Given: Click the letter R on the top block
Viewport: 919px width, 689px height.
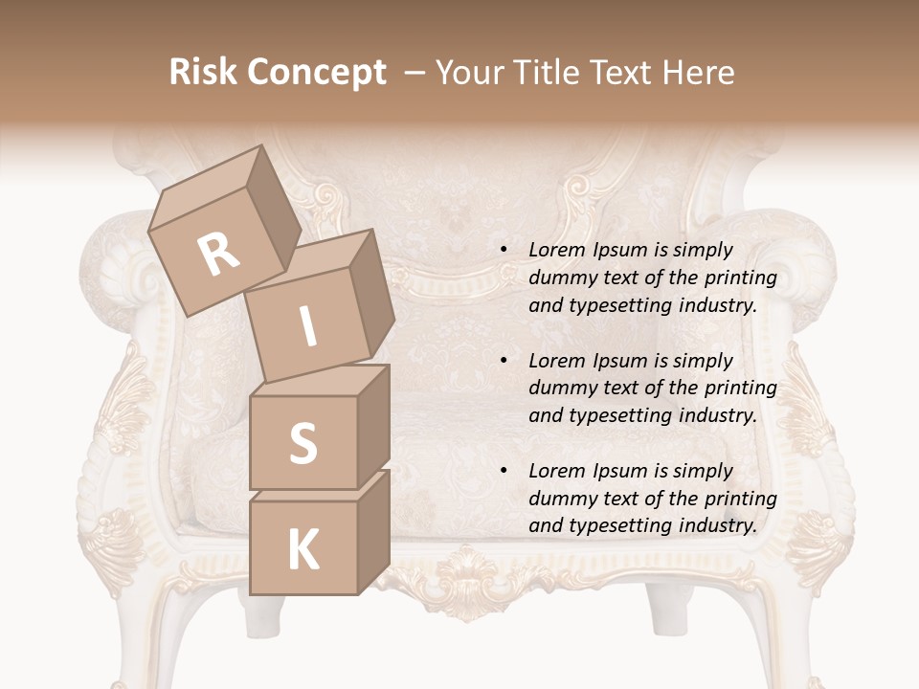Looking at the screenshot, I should click(219, 255).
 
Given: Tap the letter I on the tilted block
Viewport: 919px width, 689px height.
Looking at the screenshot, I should click(308, 326).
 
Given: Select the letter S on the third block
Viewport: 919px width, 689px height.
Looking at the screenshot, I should click(303, 443).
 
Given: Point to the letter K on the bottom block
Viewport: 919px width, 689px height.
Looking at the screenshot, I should click(303, 550).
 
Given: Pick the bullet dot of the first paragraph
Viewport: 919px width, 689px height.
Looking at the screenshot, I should click(503, 250).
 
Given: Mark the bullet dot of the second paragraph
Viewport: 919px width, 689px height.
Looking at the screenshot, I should click(503, 361).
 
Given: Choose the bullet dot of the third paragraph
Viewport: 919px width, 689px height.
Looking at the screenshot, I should click(503, 471).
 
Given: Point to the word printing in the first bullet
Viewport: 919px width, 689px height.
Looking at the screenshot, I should click(741, 278).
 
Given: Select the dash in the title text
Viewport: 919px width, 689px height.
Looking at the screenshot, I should click(415, 73).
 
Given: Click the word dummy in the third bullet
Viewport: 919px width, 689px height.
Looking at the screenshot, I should click(561, 499).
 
